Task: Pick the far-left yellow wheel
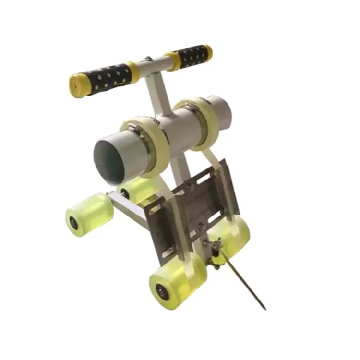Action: (x=89, y=214)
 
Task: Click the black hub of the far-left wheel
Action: (x=73, y=222)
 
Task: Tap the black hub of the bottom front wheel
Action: (x=160, y=291)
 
